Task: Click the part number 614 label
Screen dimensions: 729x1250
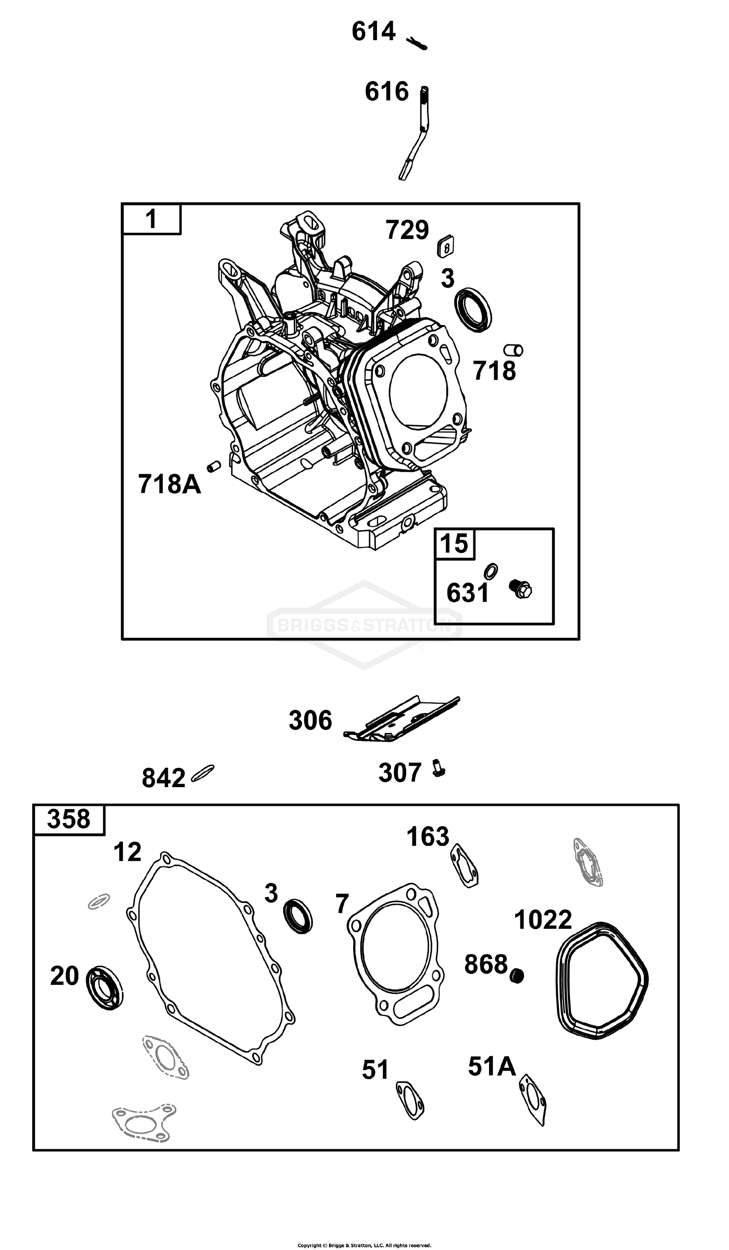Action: click(x=373, y=31)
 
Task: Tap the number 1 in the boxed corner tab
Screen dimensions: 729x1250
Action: click(x=151, y=219)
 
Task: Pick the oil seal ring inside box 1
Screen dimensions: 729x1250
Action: click(x=473, y=310)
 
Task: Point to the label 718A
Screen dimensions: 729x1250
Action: click(x=170, y=484)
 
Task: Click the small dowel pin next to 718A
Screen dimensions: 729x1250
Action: click(x=214, y=466)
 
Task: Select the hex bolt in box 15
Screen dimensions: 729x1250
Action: click(x=520, y=589)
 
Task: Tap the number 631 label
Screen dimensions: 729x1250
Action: click(x=468, y=593)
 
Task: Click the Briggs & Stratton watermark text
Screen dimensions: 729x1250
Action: click(x=364, y=625)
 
